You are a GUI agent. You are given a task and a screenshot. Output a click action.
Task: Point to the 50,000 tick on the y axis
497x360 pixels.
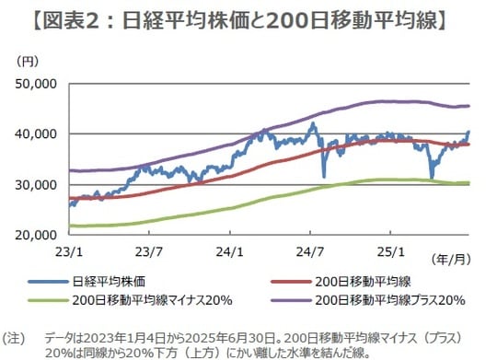[x=37, y=84]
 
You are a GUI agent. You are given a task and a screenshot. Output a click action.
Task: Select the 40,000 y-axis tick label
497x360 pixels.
[x=37, y=134]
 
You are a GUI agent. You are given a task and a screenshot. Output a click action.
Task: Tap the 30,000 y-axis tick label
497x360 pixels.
[x=37, y=185]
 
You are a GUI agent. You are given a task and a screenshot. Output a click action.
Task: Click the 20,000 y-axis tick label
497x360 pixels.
[x=37, y=236]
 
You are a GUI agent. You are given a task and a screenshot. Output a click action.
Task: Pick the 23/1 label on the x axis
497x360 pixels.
[x=70, y=250]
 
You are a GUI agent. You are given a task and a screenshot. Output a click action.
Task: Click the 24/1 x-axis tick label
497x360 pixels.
[x=231, y=250]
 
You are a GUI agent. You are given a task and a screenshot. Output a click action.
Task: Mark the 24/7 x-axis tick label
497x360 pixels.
[x=312, y=250]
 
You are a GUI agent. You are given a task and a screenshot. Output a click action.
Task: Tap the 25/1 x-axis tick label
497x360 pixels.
[x=392, y=250]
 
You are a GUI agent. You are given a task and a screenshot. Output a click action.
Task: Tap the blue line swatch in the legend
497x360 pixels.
[x=59, y=282]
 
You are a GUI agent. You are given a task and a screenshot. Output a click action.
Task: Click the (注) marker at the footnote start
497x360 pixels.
[x=16, y=337]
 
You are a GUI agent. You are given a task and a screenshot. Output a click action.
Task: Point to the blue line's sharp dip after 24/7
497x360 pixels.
[x=323, y=175]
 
